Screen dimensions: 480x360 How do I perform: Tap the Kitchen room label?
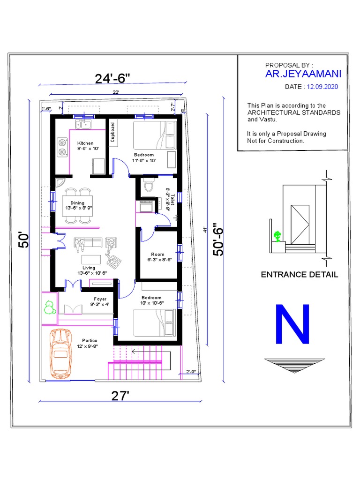[85, 143]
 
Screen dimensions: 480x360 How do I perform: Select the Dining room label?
[78, 203]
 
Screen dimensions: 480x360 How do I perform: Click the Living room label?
[89, 268]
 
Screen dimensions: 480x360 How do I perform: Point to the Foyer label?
[100, 299]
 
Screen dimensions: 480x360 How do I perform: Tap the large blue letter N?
[293, 325]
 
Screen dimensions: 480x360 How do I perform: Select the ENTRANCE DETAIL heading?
[299, 275]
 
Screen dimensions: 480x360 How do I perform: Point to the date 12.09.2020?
[322, 87]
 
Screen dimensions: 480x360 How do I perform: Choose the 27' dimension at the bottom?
[120, 396]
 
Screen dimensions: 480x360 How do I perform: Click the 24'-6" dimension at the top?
[112, 78]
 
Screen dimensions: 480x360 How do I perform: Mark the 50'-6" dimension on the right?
[218, 239]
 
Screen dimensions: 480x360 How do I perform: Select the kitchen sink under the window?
[85, 124]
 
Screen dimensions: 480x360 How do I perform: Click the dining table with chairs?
[78, 203]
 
